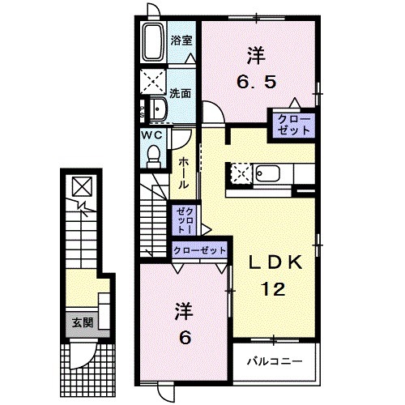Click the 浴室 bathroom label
181,39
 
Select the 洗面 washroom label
181,92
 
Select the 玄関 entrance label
79,322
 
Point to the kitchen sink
267,173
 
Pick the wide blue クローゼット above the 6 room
199,250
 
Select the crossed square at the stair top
81,186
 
